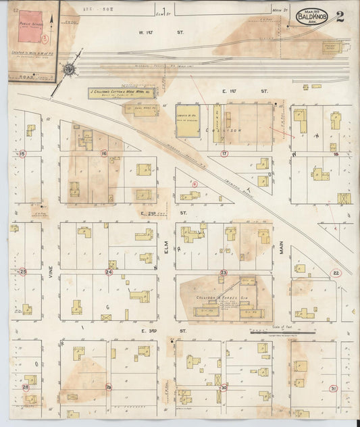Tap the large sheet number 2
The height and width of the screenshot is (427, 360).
tap(340, 16)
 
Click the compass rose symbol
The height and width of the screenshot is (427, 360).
tap(70, 70)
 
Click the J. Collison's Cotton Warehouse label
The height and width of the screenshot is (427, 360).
tap(122, 93)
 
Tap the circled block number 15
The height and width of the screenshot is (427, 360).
tap(22, 154)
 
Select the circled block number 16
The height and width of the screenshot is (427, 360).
tap(104, 153)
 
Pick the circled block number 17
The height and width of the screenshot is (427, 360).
tap(224, 153)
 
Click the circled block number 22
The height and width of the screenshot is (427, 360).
tap(336, 273)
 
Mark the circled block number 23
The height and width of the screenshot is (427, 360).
tap(223, 272)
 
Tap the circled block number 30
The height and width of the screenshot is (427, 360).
tap(224, 387)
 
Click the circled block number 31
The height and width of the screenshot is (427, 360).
tap(334, 388)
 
